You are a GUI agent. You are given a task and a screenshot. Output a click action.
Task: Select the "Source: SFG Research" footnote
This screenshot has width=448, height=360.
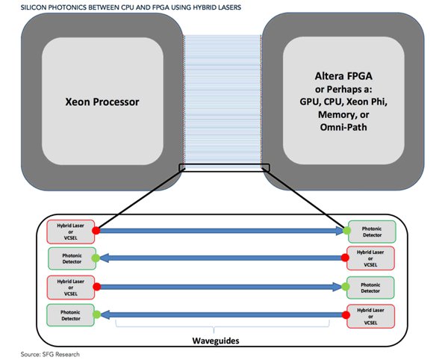[49, 353]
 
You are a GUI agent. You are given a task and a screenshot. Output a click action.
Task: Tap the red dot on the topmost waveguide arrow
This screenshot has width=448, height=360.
[96, 232]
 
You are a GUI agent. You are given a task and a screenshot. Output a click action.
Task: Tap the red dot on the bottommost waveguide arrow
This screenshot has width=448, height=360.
[346, 315]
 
